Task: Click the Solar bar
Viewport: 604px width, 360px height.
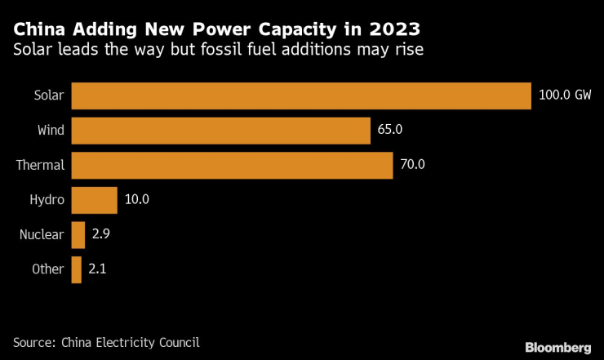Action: click(301, 95)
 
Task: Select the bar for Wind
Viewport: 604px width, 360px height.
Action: click(221, 130)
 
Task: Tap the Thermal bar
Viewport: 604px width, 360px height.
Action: click(233, 164)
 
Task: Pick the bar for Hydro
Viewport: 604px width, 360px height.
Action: click(95, 199)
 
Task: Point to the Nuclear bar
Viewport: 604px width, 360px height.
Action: click(78, 234)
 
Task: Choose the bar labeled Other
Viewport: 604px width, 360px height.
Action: click(77, 269)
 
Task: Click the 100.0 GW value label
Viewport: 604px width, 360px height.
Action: click(565, 95)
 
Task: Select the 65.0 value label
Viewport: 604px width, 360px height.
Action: click(391, 130)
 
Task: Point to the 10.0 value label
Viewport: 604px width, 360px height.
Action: click(136, 199)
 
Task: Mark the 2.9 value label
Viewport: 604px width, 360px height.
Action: click(101, 234)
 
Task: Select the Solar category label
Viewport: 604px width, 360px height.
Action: click(48, 95)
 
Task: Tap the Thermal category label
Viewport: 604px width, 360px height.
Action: click(40, 165)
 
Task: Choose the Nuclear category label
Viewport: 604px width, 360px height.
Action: click(42, 234)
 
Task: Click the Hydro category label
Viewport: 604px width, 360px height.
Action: click(47, 200)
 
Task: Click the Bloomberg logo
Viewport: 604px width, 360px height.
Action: click(558, 347)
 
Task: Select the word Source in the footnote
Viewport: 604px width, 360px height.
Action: click(34, 342)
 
